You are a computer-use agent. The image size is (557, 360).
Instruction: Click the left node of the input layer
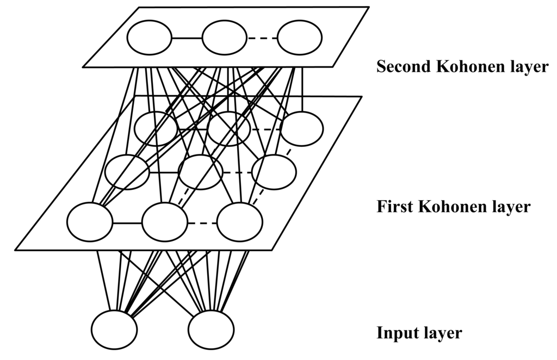coord(114,330)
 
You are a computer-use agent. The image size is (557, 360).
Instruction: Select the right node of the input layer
coord(211,330)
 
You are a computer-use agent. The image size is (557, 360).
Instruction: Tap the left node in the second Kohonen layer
coord(150,38)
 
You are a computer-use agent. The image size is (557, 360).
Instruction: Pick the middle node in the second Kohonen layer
coord(225,38)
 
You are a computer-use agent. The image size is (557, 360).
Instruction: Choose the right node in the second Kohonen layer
coord(299,38)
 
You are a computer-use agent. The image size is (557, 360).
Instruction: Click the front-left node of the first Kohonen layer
coord(90,222)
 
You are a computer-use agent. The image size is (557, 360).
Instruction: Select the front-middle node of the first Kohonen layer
coord(164,222)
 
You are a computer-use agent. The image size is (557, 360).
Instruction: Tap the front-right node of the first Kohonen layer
coord(239,222)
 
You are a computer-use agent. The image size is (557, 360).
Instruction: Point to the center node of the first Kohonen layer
coord(200,172)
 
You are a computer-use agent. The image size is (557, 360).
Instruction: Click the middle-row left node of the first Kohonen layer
coord(127,172)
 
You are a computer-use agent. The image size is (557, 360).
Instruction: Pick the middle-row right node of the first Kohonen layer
coord(274,172)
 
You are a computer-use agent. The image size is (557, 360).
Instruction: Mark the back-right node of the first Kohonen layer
coord(301,128)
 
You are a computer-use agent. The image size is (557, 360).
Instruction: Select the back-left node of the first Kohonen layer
coord(156,128)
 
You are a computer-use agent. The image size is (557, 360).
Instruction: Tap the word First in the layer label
coord(391,207)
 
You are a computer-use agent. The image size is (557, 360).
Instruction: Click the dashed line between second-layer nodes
coord(262,38)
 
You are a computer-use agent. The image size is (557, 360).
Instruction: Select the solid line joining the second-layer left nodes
coord(187,38)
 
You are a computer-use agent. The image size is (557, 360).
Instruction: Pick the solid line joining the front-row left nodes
coord(127,222)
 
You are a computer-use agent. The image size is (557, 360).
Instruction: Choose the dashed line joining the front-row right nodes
coord(202,222)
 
